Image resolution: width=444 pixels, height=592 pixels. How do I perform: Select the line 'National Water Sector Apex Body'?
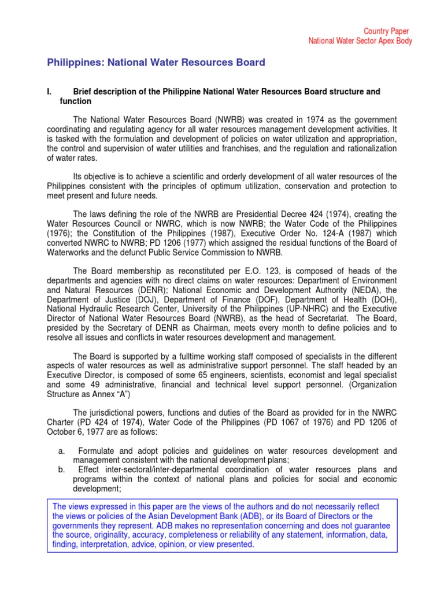point(360,42)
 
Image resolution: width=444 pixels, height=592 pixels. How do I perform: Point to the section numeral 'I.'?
point(50,92)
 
